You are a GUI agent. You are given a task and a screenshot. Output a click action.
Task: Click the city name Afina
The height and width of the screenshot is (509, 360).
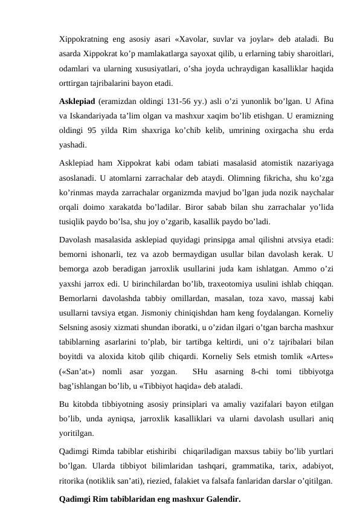click(327, 100)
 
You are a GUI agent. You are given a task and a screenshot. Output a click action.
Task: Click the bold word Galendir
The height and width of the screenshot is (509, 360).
click(220, 499)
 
